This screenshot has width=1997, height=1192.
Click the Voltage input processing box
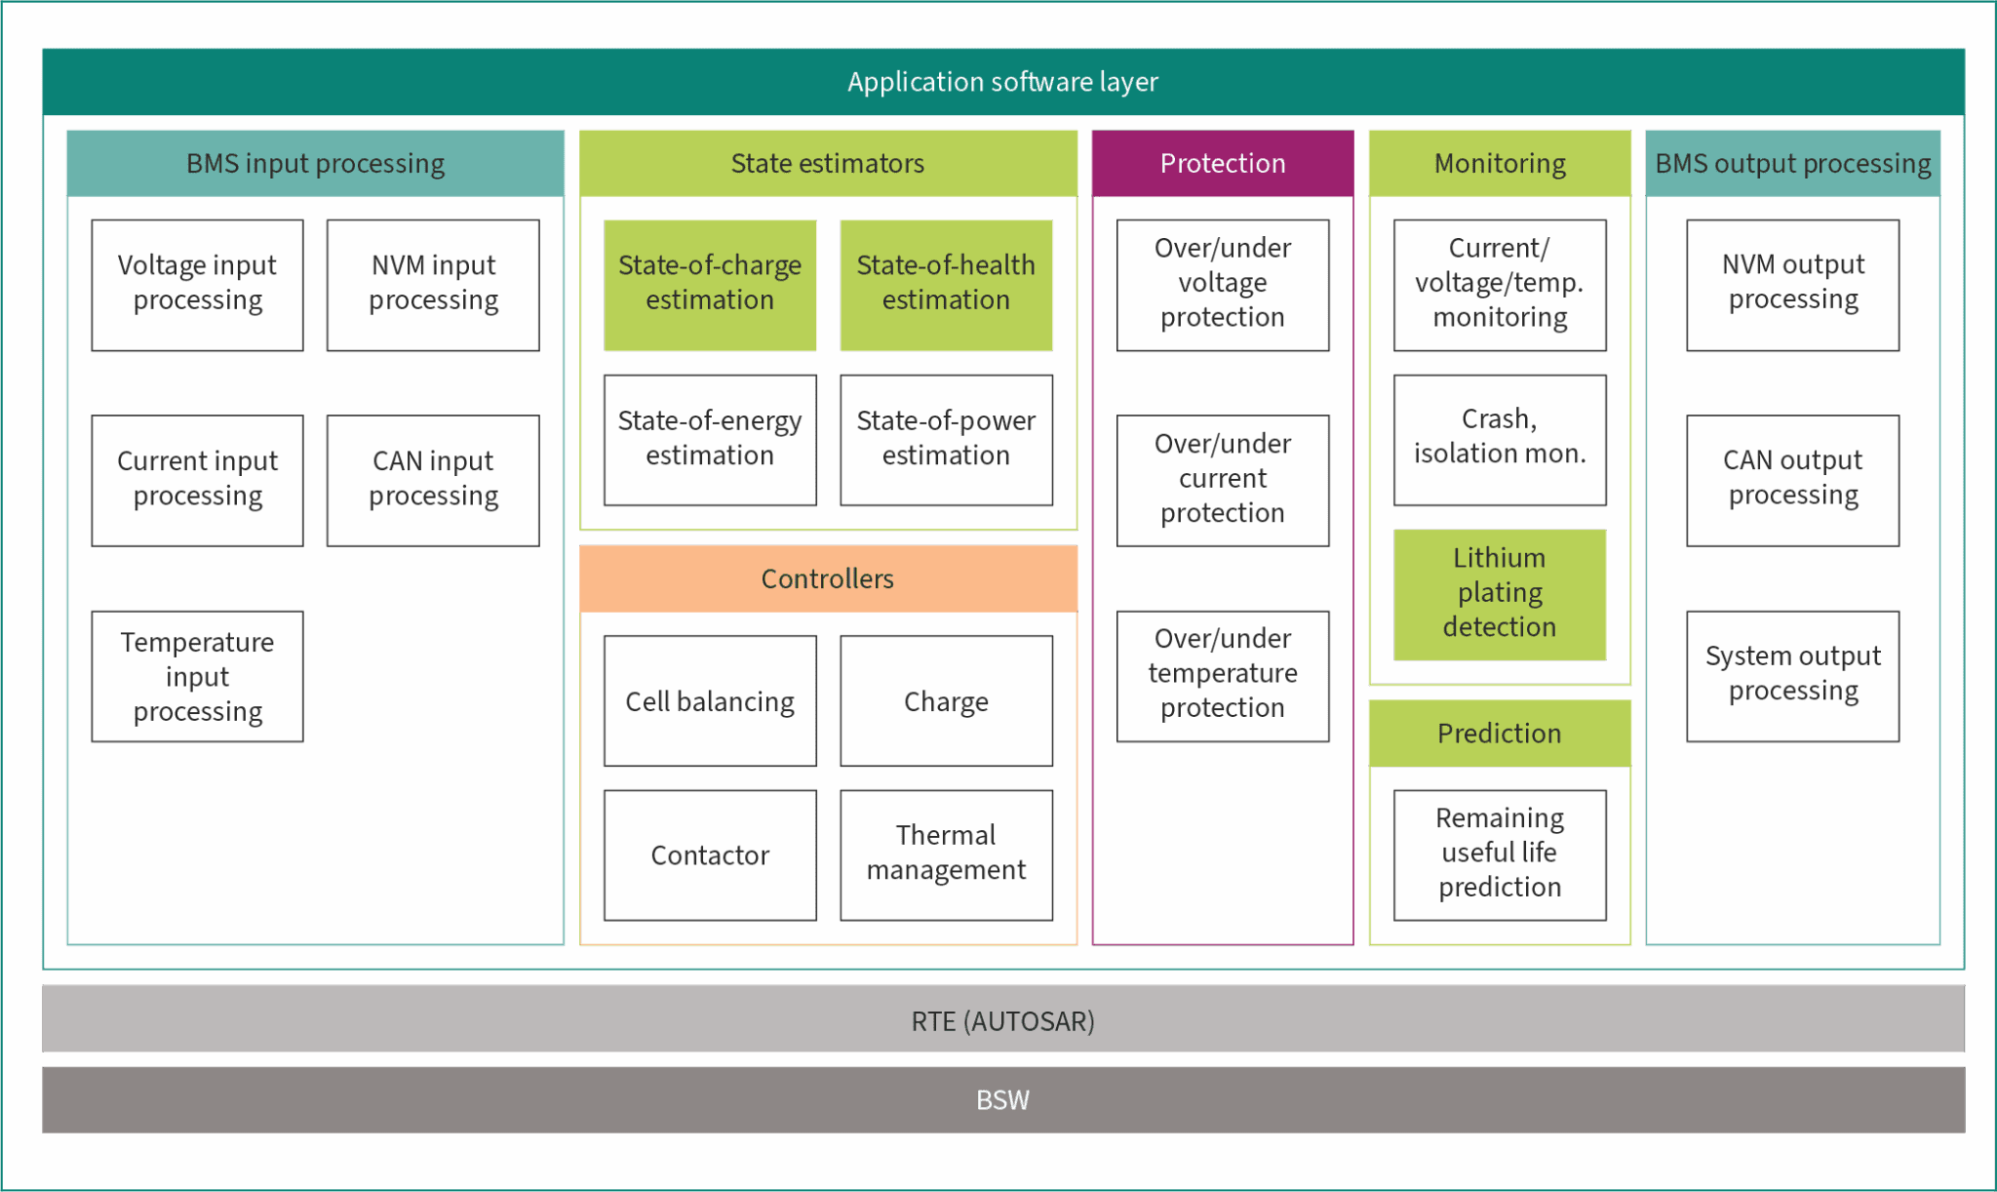tap(197, 284)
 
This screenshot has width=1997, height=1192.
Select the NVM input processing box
tap(433, 284)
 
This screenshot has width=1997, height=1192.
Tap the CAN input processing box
tap(433, 480)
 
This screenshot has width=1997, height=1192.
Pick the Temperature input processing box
tap(197, 676)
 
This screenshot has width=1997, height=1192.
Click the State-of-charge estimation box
tap(710, 284)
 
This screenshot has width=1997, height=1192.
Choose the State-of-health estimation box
tap(946, 284)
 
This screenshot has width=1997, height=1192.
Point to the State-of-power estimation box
tap(946, 439)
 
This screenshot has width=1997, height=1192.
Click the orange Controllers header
tap(828, 578)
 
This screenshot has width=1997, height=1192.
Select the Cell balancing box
tap(710, 700)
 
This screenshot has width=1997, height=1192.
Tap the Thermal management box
tap(946, 854)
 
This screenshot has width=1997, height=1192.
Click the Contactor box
tap(710, 854)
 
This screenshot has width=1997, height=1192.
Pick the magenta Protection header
tap(1223, 163)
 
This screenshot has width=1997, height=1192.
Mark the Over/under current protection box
tap(1223, 480)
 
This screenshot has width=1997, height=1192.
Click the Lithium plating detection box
tap(1500, 594)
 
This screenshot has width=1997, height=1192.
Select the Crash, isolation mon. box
tap(1500, 439)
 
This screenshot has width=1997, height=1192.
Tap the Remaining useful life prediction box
tap(1500, 854)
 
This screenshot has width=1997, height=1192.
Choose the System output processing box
tap(1792, 676)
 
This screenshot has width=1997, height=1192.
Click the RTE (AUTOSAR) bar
tap(1002, 1019)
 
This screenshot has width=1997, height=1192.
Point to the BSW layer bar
tap(1002, 1099)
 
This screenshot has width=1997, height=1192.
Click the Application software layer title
tap(1002, 82)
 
